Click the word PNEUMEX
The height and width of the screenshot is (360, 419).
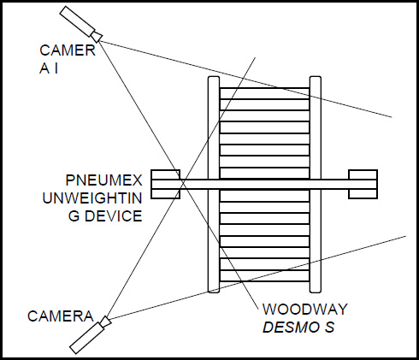coord(103,180)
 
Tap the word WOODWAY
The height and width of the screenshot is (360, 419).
coord(305,310)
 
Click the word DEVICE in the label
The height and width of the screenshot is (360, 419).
coord(114,216)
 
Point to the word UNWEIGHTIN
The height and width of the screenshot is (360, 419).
coord(92,198)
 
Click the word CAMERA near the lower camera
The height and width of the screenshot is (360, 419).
coord(61,316)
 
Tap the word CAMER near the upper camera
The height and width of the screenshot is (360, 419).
coord(68,50)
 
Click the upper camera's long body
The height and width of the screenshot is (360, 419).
coord(77,21)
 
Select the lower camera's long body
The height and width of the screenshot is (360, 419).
coord(87,338)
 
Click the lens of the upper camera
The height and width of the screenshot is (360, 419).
coord(97,36)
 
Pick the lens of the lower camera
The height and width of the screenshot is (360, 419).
coord(105,322)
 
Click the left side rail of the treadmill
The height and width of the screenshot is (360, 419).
coord(214,185)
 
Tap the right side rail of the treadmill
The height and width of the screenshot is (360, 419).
coord(316,185)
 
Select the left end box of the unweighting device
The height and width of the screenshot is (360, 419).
coord(165,185)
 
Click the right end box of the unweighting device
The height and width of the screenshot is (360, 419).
coord(363,185)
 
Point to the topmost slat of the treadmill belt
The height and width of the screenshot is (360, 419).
coord(264,93)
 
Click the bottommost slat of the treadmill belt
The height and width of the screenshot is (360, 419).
coord(264,276)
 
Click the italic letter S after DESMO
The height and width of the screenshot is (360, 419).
coord(329,327)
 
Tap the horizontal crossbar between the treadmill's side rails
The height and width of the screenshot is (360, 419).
coord(264,185)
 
